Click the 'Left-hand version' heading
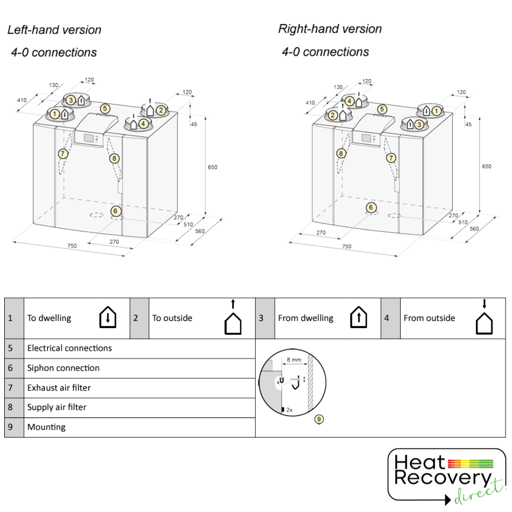pyautogui.click(x=55, y=30)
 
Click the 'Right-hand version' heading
pyautogui.click(x=330, y=29)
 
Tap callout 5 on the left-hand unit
pyautogui.click(x=105, y=109)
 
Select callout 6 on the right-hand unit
pyautogui.click(x=371, y=207)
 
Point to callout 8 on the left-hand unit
pyautogui.click(x=114, y=158)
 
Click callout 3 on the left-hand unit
pyautogui.click(x=71, y=100)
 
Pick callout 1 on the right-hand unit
pyautogui.click(x=435, y=111)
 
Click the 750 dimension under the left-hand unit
pyautogui.click(x=72, y=246)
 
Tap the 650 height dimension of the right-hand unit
pyautogui.click(x=487, y=166)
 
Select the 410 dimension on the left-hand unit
pyautogui.click(x=22, y=100)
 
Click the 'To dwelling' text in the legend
pyautogui.click(x=49, y=318)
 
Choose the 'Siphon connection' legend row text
pyautogui.click(x=64, y=368)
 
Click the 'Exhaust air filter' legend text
pyautogui.click(x=59, y=388)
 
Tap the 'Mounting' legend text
pyautogui.click(x=46, y=427)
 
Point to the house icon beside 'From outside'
pyautogui.click(x=484, y=322)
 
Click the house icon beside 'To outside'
pyautogui.click(x=233, y=322)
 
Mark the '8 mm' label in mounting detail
pyautogui.click(x=294, y=360)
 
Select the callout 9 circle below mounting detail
pyautogui.click(x=319, y=419)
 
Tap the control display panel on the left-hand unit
pyautogui.click(x=89, y=138)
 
